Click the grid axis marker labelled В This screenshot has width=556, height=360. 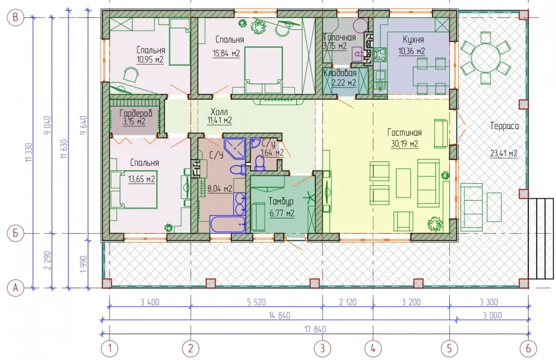click(15, 17)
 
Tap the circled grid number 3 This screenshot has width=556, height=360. click(322, 348)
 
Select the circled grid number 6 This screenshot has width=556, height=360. click(528, 348)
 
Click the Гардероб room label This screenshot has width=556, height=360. click(136, 114)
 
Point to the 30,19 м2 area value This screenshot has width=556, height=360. click(405, 144)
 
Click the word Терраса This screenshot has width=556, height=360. click(504, 126)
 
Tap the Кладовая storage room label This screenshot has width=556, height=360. click(340, 73)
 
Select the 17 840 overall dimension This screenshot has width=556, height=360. click(315, 329)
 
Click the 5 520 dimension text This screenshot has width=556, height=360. click(256, 302)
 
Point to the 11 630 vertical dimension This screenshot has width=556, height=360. click(64, 149)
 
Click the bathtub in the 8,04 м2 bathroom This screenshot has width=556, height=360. click(227, 224)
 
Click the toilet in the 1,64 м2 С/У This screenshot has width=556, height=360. click(260, 164)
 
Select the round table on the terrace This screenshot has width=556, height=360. click(485, 57)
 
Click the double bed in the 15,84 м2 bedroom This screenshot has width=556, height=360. click(264, 70)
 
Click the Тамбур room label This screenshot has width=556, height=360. click(281, 201)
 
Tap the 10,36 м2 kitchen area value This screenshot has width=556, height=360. click(411, 51)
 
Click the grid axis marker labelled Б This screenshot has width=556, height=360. click(15, 233)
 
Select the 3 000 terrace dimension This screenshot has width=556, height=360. click(492, 315)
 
